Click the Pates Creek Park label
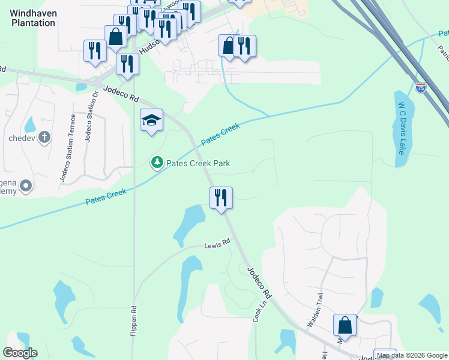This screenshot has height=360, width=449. coord(197,163)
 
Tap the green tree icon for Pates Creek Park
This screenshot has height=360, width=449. coord(157,162)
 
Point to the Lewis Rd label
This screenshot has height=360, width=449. coord(217,244)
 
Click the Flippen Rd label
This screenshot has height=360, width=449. coord(133,322)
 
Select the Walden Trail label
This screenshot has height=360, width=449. coord(316,309)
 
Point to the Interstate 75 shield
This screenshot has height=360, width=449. coord(421,88)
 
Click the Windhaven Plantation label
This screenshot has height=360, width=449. coord(34,18)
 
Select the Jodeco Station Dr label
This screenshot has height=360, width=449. coord(91,119)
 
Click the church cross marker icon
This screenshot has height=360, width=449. coord(43,137)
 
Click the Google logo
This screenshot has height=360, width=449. coord(20,352)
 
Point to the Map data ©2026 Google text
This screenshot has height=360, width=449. coord(412,356)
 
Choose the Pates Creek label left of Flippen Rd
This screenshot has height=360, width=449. coord(106,196)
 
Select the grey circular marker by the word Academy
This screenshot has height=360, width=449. coord(25,187)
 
